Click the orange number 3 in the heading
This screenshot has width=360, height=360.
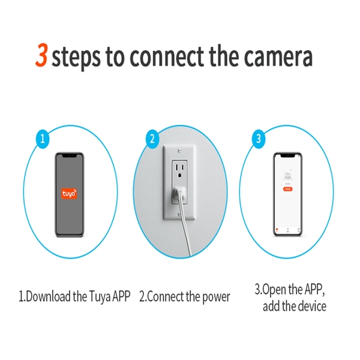41,56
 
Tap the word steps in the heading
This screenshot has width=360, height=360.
76,58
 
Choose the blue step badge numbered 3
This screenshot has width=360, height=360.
259,139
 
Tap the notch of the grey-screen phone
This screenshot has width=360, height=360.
70,155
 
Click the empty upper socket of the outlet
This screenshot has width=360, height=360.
180,167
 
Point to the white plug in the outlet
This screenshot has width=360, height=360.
179,194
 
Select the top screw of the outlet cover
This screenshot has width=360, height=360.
179,148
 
